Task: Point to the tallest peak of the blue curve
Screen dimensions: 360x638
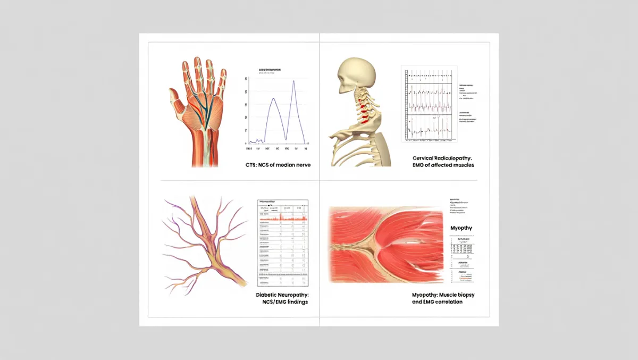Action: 293,81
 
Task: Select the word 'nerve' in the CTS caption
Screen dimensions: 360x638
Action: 301,165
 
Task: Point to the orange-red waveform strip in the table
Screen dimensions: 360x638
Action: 283,218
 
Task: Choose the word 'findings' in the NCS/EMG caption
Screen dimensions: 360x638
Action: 295,302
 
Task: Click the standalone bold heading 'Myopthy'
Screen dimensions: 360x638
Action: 461,228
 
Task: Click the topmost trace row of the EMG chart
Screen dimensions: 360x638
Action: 429,76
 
